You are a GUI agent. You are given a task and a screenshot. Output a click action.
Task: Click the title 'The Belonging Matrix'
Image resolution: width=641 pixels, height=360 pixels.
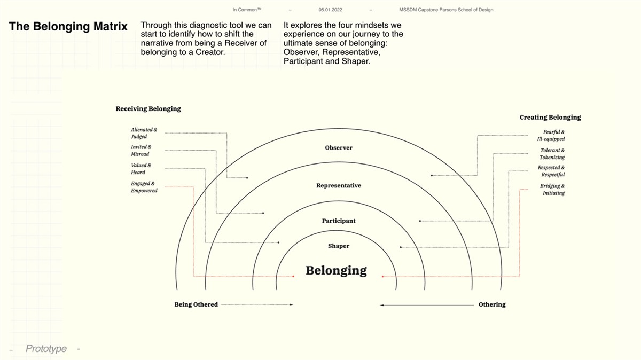(68, 26)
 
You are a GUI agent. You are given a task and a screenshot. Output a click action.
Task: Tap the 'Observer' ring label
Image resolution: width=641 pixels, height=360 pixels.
(339, 147)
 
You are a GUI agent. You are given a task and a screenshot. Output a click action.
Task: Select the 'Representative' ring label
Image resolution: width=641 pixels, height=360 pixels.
(339, 185)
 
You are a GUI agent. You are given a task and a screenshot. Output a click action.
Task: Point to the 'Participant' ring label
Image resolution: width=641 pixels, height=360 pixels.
(339, 221)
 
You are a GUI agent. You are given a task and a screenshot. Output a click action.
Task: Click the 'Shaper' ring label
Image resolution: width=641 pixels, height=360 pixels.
(339, 246)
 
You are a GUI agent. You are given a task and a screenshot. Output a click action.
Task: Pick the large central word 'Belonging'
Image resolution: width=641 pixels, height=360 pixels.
(336, 270)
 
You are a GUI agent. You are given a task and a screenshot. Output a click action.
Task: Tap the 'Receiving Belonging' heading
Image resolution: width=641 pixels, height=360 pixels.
(148, 109)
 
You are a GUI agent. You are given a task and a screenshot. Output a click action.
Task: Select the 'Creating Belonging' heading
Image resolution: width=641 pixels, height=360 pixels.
(550, 118)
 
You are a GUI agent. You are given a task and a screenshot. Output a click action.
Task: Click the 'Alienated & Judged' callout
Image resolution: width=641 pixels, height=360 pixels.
(144, 133)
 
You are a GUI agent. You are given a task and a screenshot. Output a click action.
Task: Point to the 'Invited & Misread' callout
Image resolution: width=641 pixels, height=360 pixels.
(141, 150)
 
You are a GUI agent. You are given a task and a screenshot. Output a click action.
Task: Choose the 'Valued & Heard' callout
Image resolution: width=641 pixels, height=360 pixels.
(141, 169)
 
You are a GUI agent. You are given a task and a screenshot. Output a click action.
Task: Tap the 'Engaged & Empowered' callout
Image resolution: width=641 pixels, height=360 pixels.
(144, 187)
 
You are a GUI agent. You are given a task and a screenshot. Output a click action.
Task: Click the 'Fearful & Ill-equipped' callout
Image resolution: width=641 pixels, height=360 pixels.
(551, 135)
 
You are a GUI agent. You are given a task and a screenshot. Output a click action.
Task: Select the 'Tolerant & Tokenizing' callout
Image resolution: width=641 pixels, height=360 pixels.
(552, 154)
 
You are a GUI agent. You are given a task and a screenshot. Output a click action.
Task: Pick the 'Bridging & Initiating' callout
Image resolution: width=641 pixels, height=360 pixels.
(552, 190)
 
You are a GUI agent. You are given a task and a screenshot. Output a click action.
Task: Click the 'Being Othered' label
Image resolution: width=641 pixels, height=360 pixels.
(196, 304)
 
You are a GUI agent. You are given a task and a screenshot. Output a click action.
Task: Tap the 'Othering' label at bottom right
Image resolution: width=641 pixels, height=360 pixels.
(492, 304)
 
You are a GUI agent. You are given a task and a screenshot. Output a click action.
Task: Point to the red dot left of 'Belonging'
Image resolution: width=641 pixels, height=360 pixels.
(293, 277)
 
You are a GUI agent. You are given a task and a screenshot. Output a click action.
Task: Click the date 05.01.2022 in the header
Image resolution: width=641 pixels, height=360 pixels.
(330, 10)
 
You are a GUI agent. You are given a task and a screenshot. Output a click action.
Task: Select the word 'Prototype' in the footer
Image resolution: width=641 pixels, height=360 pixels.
(46, 349)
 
